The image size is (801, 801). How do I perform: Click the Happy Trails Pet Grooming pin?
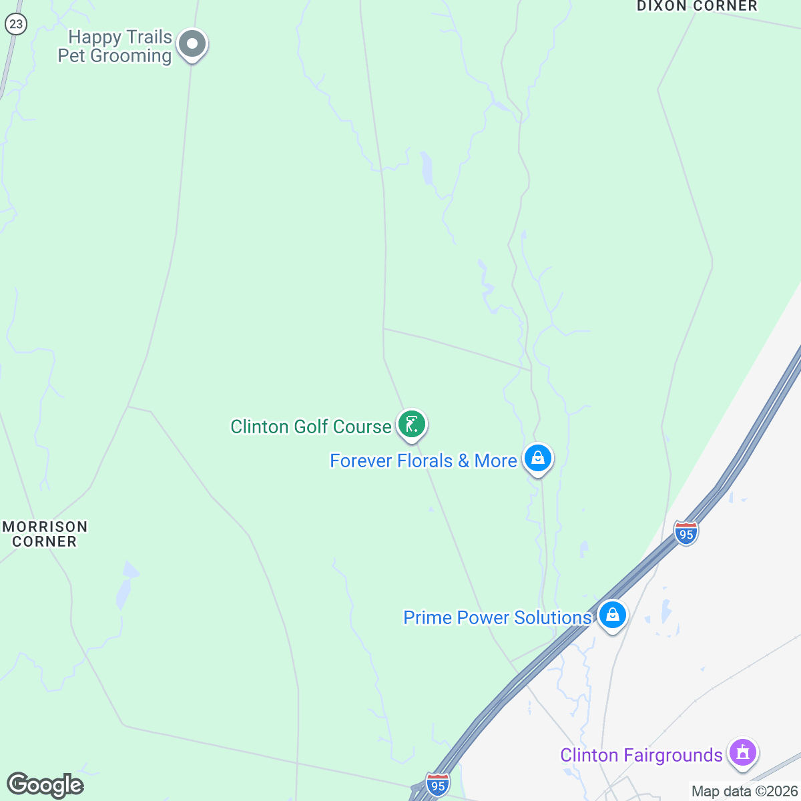192,45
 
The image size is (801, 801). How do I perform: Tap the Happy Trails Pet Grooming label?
115,47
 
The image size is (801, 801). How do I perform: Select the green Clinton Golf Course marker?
412,425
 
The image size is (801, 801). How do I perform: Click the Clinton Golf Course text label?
311,427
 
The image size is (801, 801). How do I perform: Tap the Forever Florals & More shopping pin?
537,459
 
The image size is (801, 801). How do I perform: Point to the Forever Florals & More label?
423,461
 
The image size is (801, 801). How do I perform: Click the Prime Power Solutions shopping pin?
611,615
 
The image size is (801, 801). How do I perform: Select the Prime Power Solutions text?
497,617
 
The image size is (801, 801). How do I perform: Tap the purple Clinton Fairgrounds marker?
742,752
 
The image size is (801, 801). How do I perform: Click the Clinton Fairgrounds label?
641,755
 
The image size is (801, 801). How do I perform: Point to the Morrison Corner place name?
45,534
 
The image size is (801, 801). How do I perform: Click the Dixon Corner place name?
697,6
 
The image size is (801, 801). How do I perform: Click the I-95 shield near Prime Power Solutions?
686,534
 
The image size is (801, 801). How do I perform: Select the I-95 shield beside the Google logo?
437,786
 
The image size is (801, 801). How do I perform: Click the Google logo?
45,785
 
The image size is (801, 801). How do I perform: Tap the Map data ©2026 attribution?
744,792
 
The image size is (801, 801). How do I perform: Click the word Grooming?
131,56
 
